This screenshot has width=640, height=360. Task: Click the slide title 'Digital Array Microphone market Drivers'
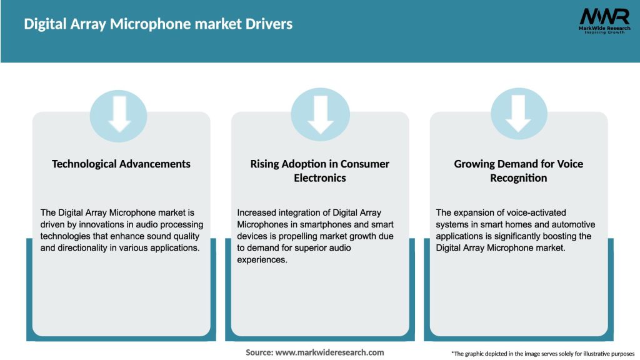pyautogui.click(x=158, y=24)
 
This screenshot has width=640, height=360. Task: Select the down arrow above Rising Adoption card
pyautogui.click(x=320, y=112)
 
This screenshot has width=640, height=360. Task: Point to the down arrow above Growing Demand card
pyautogui.click(x=519, y=112)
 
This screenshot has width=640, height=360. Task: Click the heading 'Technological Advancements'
pyautogui.click(x=121, y=164)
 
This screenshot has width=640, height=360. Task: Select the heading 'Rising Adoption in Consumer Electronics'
pyautogui.click(x=320, y=171)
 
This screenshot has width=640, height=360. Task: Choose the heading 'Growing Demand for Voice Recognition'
pyautogui.click(x=519, y=171)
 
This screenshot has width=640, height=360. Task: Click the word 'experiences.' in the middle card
pyautogui.click(x=262, y=259)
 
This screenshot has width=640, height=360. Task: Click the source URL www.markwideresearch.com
pyautogui.click(x=329, y=352)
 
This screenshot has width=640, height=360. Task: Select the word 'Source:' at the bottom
pyautogui.click(x=259, y=352)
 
